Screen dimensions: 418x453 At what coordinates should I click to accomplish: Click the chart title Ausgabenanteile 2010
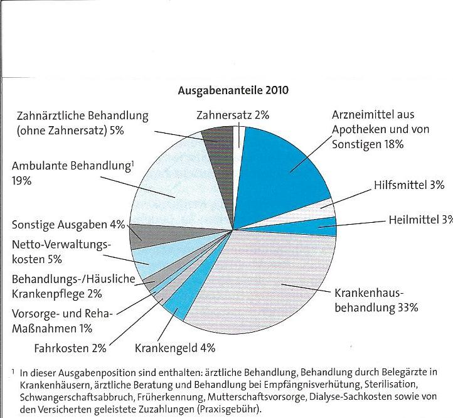point(234,90)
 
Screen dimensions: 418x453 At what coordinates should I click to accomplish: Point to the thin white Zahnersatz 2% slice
point(237,135)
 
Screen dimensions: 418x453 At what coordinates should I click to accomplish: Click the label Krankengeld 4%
point(175,346)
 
